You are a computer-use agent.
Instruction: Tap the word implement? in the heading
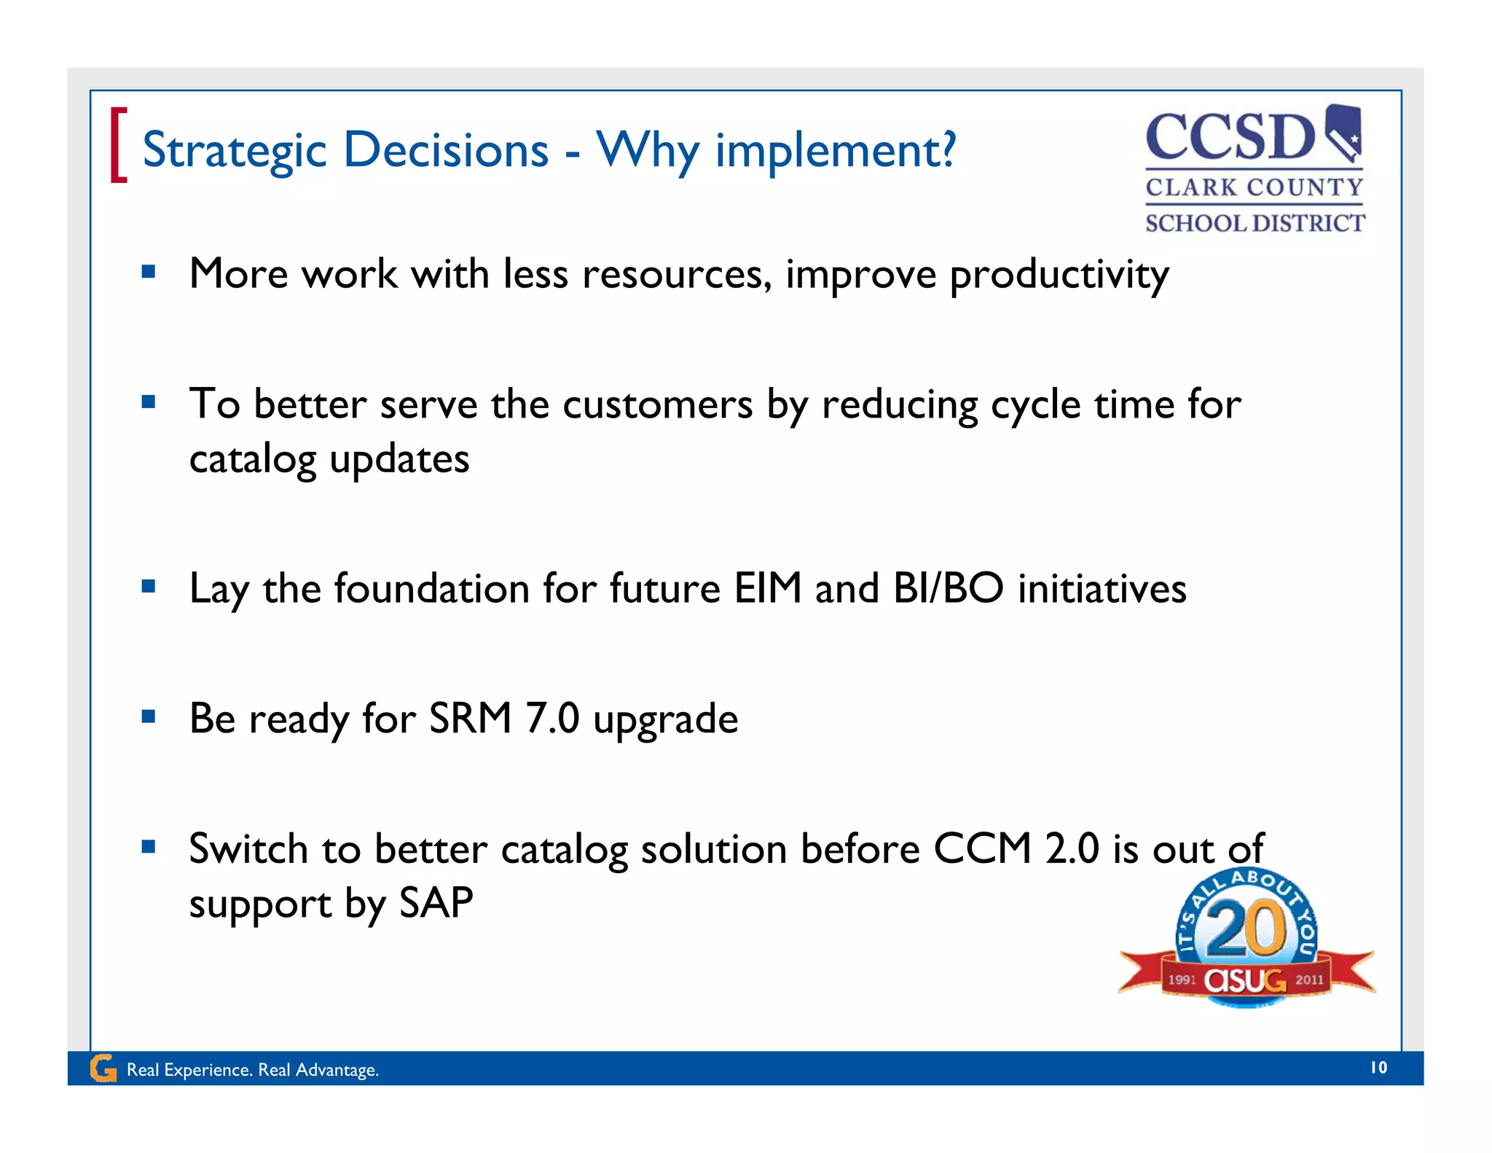pos(835,151)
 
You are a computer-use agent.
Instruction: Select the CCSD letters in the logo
pos(1230,137)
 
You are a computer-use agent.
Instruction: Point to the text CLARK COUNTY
pos(1254,187)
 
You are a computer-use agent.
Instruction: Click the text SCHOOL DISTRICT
pos(1255,223)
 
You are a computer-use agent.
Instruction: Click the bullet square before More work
pos(149,272)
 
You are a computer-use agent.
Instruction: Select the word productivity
pos(1059,275)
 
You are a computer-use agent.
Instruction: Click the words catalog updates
pos(329,460)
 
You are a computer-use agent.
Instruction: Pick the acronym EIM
pos(768,588)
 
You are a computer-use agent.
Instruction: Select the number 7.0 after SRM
pos(552,719)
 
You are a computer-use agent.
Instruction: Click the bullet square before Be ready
pos(149,716)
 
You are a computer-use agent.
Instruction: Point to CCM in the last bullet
pos(982,849)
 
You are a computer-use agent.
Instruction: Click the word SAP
pos(436,903)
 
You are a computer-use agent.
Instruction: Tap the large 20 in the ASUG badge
pos(1246,928)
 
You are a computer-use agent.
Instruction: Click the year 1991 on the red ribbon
pos(1182,980)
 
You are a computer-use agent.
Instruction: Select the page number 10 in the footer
pos(1378,1068)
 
